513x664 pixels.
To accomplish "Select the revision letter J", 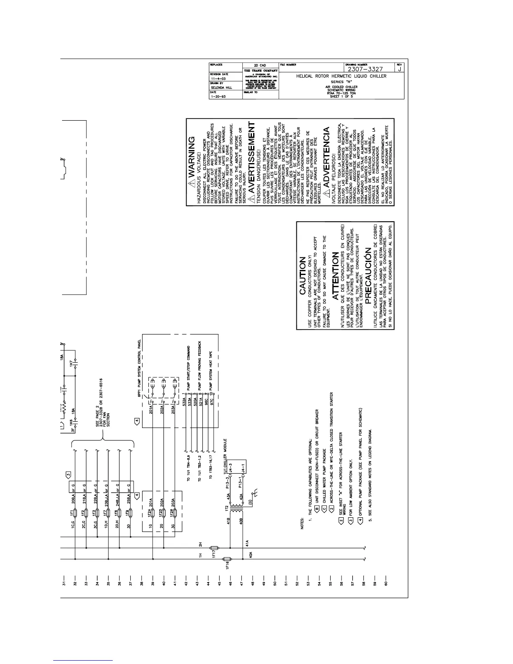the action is click(400, 69).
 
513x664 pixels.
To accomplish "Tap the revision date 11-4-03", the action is click(219, 78).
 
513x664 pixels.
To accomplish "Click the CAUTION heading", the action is click(303, 277).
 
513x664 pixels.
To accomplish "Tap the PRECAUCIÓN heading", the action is click(368, 276).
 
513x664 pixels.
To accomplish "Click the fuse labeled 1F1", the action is click(75, 513).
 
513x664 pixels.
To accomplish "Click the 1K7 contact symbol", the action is click(76, 363).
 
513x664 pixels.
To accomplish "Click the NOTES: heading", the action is click(303, 525).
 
